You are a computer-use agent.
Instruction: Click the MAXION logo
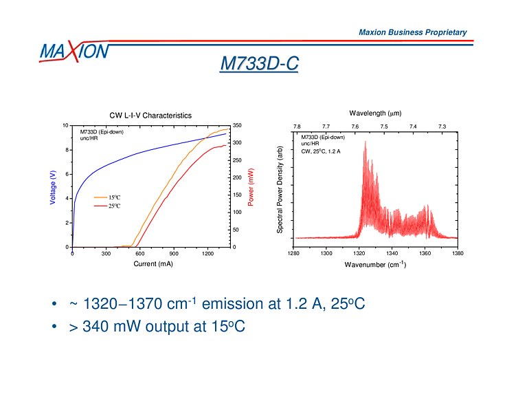coord(74,51)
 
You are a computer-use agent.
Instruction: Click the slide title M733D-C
coord(259,64)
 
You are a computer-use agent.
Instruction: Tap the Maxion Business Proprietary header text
coord(412,32)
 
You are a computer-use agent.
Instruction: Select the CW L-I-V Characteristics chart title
coord(150,116)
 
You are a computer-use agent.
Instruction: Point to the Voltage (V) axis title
coord(54,186)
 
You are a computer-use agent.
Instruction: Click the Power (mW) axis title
coord(251,186)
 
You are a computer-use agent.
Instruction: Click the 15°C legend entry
coord(114,197)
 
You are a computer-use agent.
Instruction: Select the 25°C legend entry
coord(114,206)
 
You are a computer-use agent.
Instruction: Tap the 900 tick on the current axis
coord(174,253)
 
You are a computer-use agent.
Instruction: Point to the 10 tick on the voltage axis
coord(65,126)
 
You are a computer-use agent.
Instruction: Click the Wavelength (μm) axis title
coord(375,113)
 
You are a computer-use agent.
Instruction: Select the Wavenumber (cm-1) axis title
coord(375,264)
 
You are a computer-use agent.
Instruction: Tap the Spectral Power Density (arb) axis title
coord(280,189)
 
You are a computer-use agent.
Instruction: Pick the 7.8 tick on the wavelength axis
coord(297,127)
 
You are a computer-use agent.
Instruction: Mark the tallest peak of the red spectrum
coord(365,142)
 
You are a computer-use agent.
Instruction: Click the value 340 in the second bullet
coord(96,327)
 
